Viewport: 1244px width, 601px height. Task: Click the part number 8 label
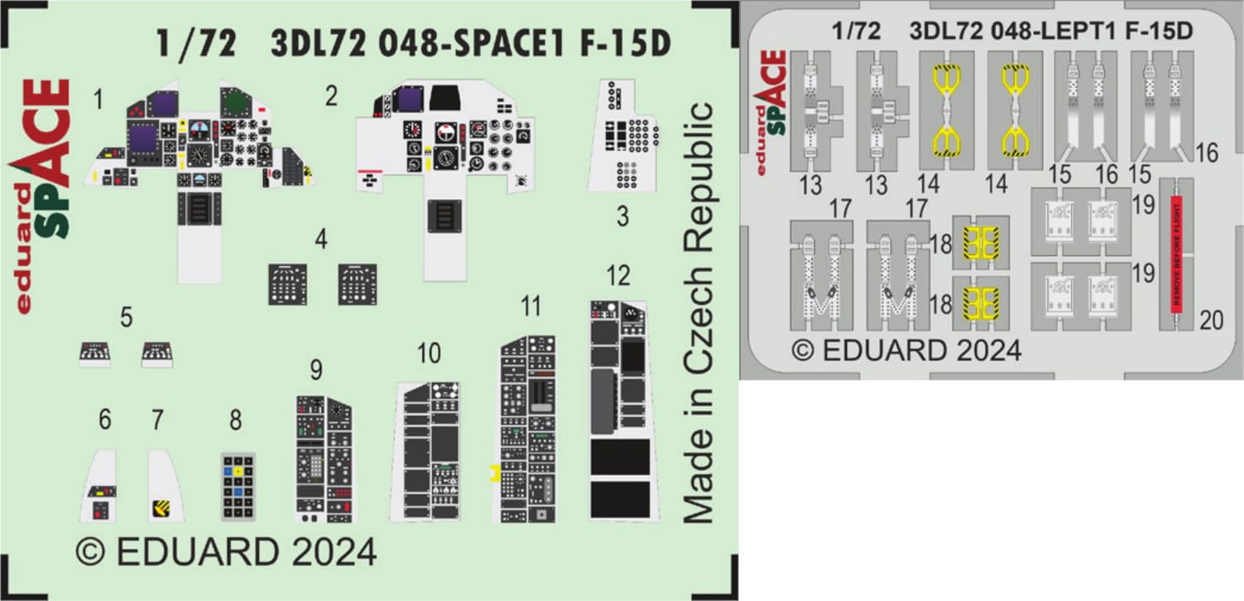tap(236, 420)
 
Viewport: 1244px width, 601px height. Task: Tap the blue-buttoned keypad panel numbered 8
tap(238, 487)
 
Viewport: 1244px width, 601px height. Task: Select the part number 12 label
tap(618, 274)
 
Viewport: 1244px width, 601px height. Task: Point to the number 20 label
tap(1212, 319)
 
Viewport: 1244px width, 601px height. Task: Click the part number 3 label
tap(622, 216)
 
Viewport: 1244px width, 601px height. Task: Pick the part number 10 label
tap(428, 354)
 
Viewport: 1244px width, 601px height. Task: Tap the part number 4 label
tap(321, 240)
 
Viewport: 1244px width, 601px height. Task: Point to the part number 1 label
tap(99, 101)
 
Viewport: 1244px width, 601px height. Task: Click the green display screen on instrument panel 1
tap(236, 104)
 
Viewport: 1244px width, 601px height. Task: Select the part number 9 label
tap(316, 369)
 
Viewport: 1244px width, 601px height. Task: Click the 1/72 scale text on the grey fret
tap(857, 32)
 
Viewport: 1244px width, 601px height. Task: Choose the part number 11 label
tap(531, 306)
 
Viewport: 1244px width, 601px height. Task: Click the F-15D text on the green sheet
tap(622, 46)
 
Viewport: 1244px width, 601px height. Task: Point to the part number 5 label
tap(126, 317)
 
